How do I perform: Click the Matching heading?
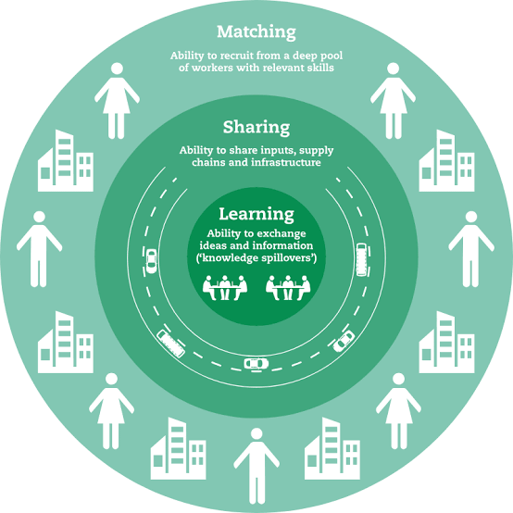pyautogui.click(x=256, y=32)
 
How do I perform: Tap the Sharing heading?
pyautogui.click(x=256, y=127)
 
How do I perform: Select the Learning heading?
pyautogui.click(x=256, y=214)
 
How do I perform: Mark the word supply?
pyautogui.click(x=317, y=151)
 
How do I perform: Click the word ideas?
pyautogui.click(x=212, y=245)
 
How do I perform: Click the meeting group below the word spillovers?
pyautogui.click(x=288, y=288)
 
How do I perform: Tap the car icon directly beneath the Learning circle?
pyautogui.click(x=256, y=364)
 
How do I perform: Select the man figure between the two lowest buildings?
pyautogui.click(x=256, y=466)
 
